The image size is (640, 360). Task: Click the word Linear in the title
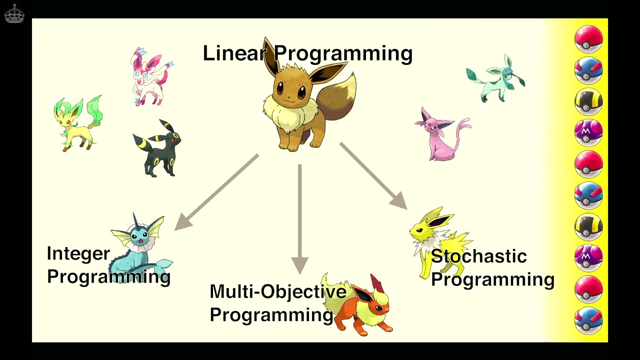(233, 53)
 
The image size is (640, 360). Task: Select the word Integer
(78, 254)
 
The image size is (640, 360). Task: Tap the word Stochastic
(478, 256)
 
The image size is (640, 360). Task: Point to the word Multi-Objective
(277, 291)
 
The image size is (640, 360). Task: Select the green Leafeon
(77, 122)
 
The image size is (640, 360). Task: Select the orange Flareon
(362, 305)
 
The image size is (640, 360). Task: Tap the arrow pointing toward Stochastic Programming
(372, 175)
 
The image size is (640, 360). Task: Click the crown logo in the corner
(14, 13)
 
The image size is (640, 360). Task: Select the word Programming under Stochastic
(492, 279)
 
